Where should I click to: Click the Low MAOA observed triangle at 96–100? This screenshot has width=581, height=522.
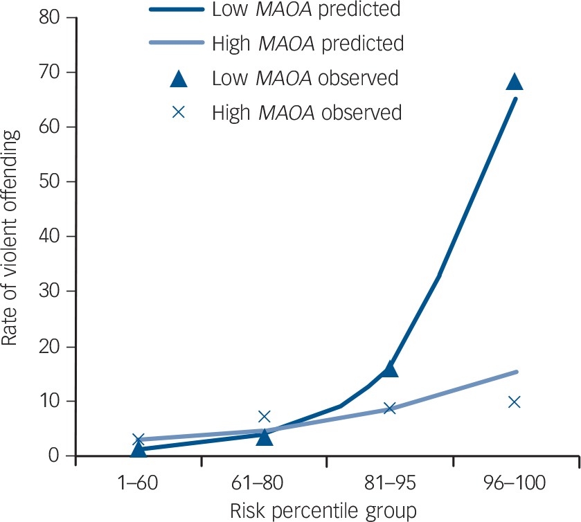tap(515, 82)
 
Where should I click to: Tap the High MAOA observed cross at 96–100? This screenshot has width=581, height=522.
tap(515, 402)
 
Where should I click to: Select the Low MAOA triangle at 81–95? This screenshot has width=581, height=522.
tap(390, 369)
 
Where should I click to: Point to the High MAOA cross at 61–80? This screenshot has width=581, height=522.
tap(264, 416)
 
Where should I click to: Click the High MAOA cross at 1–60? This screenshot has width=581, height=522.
tap(138, 440)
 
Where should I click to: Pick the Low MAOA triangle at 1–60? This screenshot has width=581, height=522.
tap(138, 450)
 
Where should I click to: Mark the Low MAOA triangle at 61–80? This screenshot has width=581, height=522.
tap(264, 436)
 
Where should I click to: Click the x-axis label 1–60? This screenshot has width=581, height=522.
tap(138, 483)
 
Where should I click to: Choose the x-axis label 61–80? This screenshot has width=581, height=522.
tap(264, 483)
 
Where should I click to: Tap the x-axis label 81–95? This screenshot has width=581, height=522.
tap(389, 483)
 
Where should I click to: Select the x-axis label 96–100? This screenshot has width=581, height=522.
tap(515, 483)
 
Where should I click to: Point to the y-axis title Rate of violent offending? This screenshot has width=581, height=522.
tap(12, 236)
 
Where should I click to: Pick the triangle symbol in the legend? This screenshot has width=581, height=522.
tap(179, 78)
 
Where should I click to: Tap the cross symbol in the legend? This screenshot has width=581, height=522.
tap(179, 111)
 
